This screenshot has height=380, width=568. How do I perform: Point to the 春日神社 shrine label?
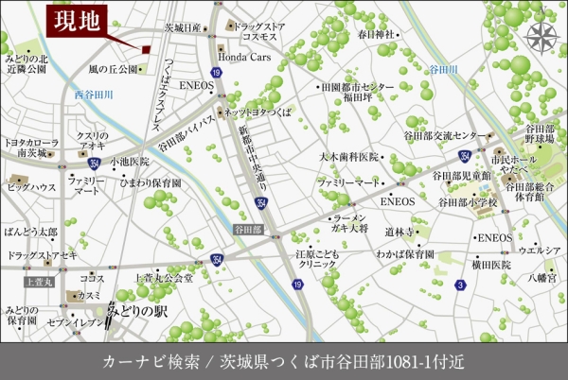click(x=375, y=34)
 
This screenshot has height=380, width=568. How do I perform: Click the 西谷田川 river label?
click(x=94, y=95)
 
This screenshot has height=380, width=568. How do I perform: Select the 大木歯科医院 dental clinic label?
click(x=348, y=157)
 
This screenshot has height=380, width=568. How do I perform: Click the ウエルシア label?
click(x=538, y=250)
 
